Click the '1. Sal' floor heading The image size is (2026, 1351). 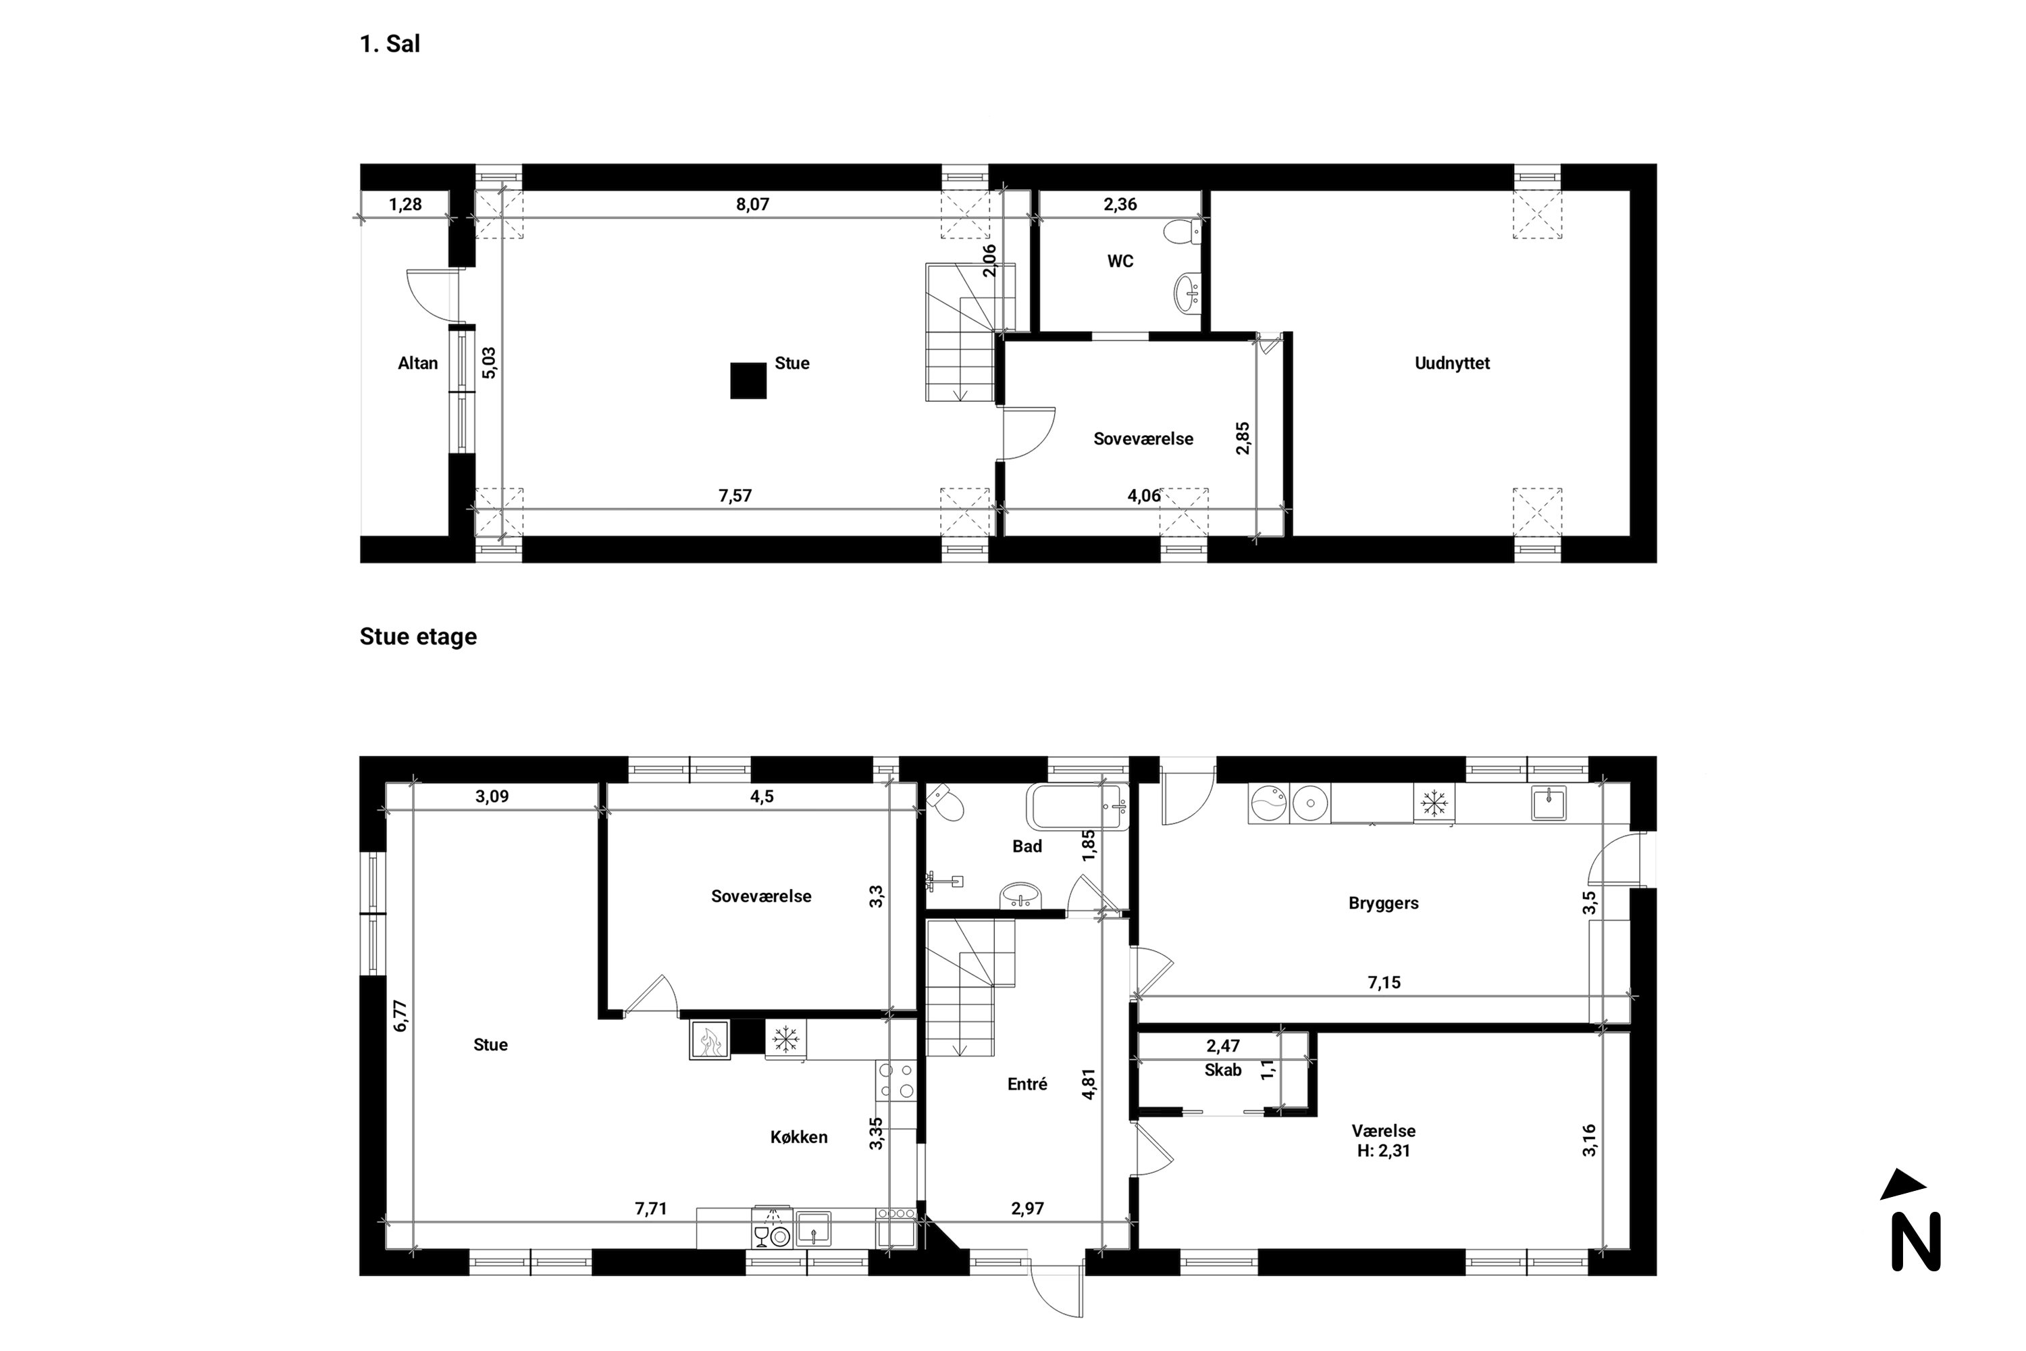(x=390, y=44)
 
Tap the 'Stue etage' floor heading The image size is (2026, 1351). (x=418, y=637)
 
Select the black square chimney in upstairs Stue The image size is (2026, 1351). (x=748, y=381)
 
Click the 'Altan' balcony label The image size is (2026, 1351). (x=418, y=363)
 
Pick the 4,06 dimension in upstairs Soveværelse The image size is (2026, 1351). (x=1143, y=495)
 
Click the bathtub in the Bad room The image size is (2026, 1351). (x=1076, y=807)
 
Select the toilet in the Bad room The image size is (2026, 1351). (x=947, y=803)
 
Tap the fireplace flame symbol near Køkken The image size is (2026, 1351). (x=710, y=1040)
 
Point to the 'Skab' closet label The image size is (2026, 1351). (x=1222, y=1070)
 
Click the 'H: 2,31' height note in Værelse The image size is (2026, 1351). (x=1382, y=1151)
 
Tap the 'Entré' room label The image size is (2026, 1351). (x=1027, y=1085)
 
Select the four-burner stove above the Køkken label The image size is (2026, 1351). (x=896, y=1080)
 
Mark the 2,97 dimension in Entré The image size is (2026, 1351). (x=1027, y=1209)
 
